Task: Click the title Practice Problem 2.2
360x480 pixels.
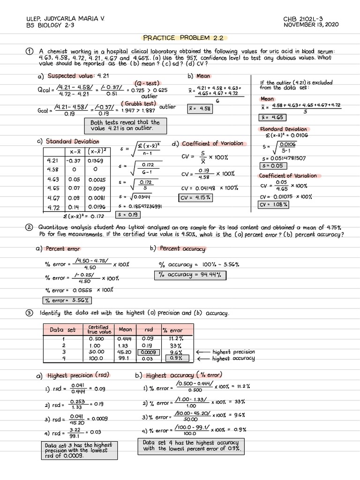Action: [x=180, y=37]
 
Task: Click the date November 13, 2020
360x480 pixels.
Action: [x=311, y=25]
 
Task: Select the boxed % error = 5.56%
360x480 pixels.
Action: [x=67, y=300]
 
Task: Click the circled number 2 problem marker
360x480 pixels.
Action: [x=30, y=228]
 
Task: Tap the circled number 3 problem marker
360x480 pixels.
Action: [x=30, y=313]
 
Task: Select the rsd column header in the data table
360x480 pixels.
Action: [x=149, y=330]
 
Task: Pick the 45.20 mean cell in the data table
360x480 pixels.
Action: [x=125, y=352]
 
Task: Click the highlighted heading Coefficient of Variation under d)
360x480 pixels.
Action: [x=212, y=143]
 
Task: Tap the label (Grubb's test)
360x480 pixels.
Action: [x=139, y=104]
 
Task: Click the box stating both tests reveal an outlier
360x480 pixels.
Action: [x=125, y=125]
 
